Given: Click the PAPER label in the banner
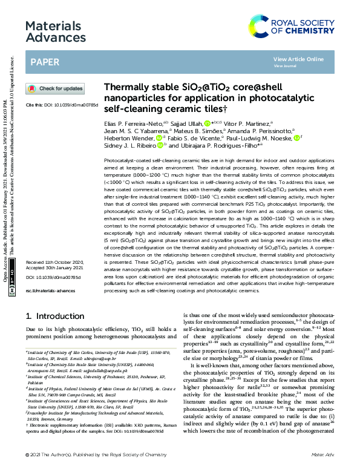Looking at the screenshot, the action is [x=45, y=62].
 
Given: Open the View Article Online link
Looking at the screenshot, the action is [x=298, y=59].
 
